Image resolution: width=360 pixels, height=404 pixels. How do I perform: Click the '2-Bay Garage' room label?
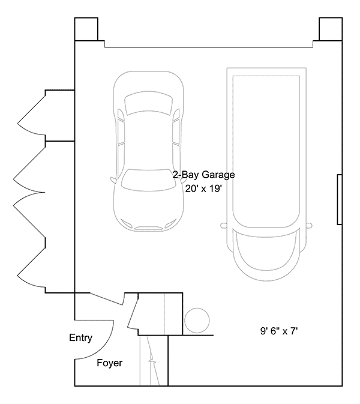coord(203,175)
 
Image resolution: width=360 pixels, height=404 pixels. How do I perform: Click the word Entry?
coord(80,338)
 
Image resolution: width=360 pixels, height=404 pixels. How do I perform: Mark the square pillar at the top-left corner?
coord(86,28)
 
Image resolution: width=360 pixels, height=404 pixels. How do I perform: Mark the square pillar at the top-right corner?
coord(330,28)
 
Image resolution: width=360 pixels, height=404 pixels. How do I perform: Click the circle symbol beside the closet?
coord(196,319)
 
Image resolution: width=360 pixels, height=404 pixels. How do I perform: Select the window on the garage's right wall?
coord(340,200)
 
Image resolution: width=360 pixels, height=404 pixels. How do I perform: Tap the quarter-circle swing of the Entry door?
coord(96,339)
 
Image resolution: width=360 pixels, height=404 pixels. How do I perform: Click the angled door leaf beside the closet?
coord(133,312)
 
